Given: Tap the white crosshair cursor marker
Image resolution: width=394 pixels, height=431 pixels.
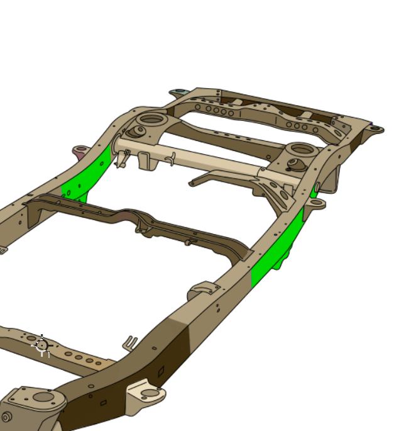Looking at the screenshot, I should coord(41,345).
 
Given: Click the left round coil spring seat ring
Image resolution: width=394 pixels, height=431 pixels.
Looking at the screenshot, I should coord(151,119).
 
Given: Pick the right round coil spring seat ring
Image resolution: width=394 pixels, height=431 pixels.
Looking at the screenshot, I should coord(302,150).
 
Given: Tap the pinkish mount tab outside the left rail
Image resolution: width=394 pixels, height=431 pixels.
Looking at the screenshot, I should coord(80,151).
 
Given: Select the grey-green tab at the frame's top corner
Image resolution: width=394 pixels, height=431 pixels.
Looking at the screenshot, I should coord(178,93).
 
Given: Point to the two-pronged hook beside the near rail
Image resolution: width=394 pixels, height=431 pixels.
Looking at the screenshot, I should coord(129,343).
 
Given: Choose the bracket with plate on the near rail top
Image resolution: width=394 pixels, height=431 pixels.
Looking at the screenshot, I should coord(204,290).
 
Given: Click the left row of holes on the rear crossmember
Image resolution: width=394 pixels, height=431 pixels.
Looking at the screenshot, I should coord(214,110).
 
